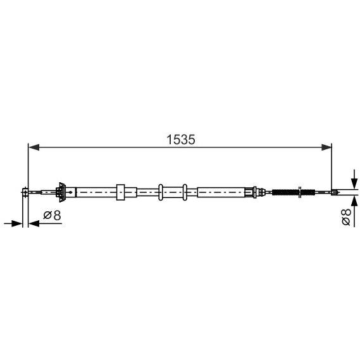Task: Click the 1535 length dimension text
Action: (181, 140)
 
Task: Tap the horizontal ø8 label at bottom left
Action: (52, 215)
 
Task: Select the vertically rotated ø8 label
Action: (346, 217)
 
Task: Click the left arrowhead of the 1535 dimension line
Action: (34, 147)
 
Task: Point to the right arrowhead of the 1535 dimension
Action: (326, 147)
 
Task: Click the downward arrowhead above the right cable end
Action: (355, 183)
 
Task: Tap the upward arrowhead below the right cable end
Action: (355, 201)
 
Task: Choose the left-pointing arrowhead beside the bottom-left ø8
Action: (34, 223)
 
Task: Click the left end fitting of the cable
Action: (25, 192)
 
